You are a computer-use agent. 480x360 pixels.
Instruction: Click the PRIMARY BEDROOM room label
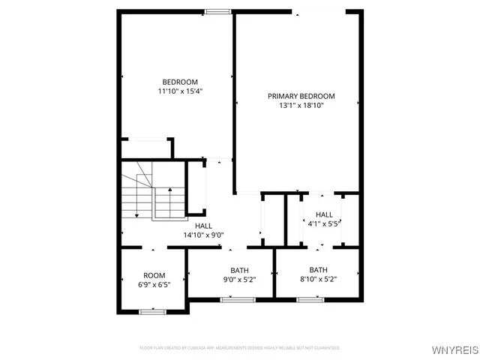coord(301,96)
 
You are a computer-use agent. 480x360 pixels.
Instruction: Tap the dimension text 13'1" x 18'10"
coord(301,106)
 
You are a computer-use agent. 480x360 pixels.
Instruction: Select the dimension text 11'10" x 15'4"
coord(180,91)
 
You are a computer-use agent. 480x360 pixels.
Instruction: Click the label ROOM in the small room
coord(154,275)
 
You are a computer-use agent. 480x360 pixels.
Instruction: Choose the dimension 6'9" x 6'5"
coord(154,285)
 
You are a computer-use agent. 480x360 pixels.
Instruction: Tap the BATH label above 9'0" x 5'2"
coord(239,270)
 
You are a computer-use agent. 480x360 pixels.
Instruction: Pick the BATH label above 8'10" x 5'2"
coord(319,270)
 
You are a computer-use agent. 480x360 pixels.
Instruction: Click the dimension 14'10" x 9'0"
coord(203,235)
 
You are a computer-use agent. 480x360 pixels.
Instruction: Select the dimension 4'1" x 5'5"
coord(324,223)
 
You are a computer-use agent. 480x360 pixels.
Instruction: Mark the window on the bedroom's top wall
coord(218,11)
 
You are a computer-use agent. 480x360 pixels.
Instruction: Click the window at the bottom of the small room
coord(152,311)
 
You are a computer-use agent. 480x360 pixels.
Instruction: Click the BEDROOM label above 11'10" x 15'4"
coord(180,82)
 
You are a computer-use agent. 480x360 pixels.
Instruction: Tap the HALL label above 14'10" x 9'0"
coord(203,226)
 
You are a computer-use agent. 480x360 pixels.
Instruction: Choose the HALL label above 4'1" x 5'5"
coord(324,214)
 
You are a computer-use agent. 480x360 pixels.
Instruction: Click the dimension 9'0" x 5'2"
coord(239,280)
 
